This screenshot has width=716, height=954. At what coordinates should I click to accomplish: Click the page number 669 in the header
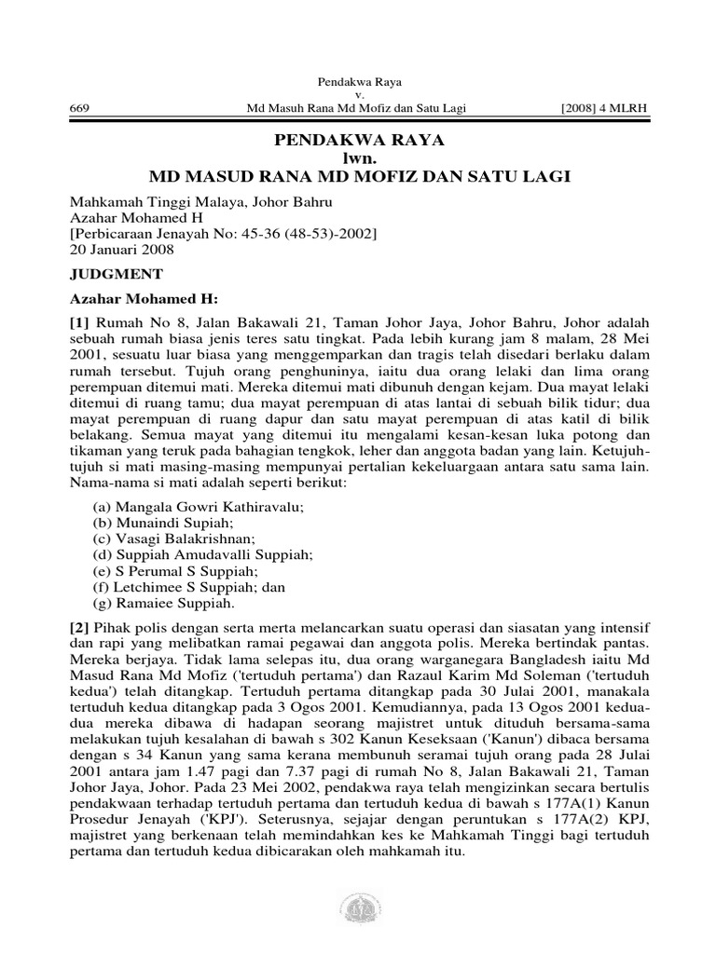click(x=80, y=109)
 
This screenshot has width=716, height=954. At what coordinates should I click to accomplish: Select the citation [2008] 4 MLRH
click(x=603, y=109)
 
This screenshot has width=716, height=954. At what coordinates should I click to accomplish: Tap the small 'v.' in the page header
click(x=358, y=95)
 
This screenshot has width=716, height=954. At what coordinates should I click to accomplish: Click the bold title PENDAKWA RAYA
click(x=358, y=141)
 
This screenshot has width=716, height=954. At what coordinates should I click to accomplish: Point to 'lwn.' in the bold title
click(x=358, y=157)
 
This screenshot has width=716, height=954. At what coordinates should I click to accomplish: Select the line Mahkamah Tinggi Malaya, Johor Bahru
click(x=201, y=201)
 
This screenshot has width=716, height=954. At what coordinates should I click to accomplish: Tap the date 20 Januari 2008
click(x=122, y=250)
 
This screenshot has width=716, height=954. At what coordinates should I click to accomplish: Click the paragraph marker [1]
click(x=81, y=321)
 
